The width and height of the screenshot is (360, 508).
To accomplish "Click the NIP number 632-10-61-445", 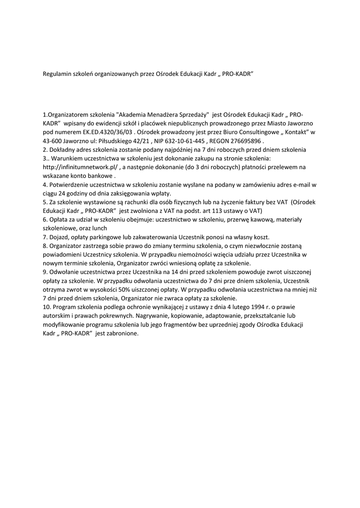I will pyautogui.click(x=182, y=141).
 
